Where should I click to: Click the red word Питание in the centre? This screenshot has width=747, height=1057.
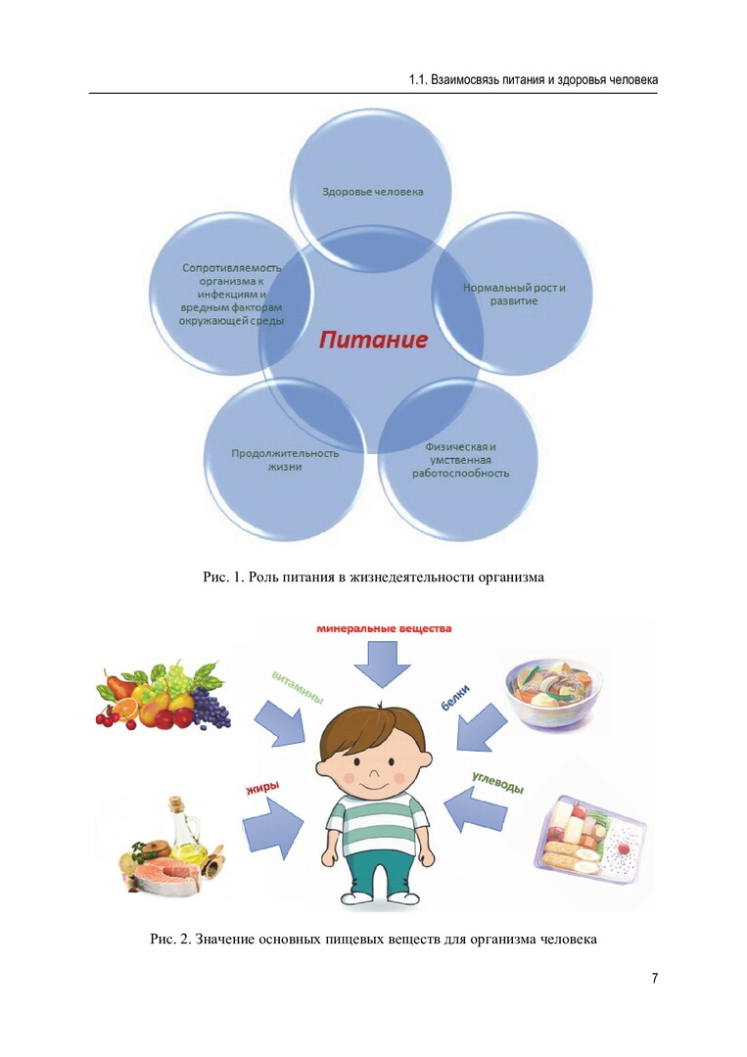point(373,342)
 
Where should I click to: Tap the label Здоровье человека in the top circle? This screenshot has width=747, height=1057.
point(373,192)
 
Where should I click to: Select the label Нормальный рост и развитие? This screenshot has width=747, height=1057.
point(514,295)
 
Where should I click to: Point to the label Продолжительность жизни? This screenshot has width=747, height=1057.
point(285,460)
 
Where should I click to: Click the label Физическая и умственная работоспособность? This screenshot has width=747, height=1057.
point(467,460)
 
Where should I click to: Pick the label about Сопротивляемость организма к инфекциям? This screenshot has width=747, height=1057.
point(232,294)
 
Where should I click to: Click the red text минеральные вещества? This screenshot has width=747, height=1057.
point(384,628)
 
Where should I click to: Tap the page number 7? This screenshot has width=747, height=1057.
point(654,979)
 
